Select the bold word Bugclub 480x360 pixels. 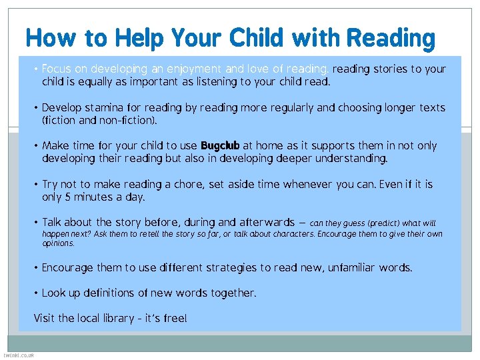[219, 146]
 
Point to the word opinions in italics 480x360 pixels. [58, 243]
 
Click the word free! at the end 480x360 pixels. [175, 318]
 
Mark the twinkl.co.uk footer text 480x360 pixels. [19, 355]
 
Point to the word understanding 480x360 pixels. [347, 159]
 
